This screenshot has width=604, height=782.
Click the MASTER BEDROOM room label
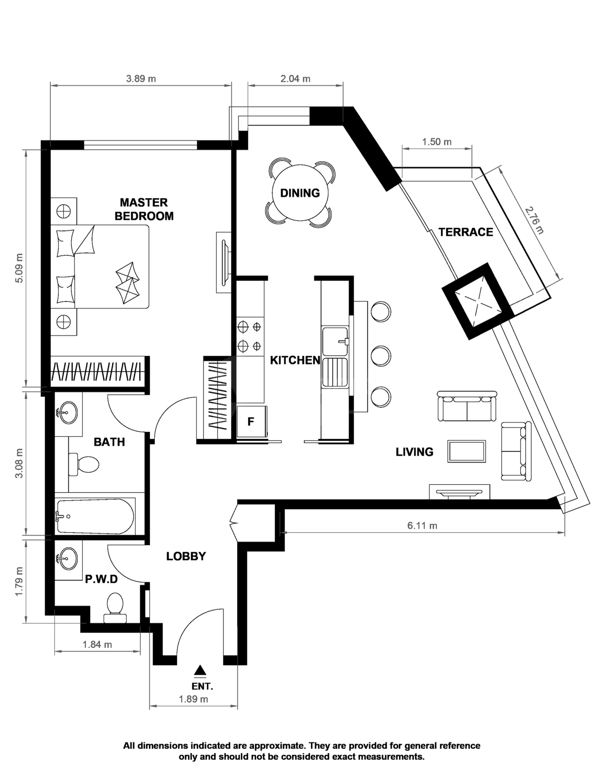(x=144, y=209)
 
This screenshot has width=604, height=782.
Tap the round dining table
(x=300, y=193)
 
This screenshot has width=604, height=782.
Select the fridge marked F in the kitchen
(x=251, y=422)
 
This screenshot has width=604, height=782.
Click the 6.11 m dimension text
(x=422, y=526)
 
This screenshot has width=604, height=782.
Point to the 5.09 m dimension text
(x=19, y=268)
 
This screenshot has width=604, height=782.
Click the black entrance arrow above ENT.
(x=201, y=670)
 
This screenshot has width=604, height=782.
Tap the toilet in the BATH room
(x=84, y=464)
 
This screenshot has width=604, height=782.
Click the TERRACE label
(x=466, y=232)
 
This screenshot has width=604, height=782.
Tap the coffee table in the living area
(x=467, y=451)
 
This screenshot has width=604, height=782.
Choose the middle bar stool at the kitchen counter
(x=380, y=356)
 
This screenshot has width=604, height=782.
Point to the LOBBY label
(x=186, y=556)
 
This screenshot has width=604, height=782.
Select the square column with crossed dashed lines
(x=478, y=301)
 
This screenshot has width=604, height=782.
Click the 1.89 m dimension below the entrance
(x=193, y=699)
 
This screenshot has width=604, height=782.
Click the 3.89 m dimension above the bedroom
(x=141, y=79)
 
